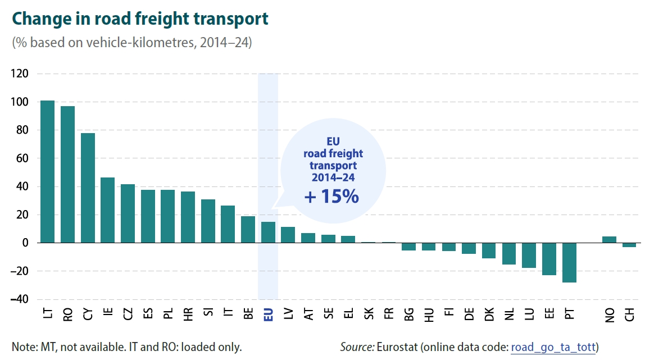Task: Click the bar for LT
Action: point(47,172)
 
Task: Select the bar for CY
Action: point(88,188)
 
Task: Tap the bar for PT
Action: point(569,262)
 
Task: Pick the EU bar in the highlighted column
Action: point(268,232)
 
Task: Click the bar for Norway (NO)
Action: point(610,240)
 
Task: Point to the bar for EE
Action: point(549,259)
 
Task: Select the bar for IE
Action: point(107,210)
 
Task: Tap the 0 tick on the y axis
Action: point(25,243)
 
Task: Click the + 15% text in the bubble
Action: point(331,197)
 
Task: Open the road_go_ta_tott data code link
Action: point(552,347)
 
